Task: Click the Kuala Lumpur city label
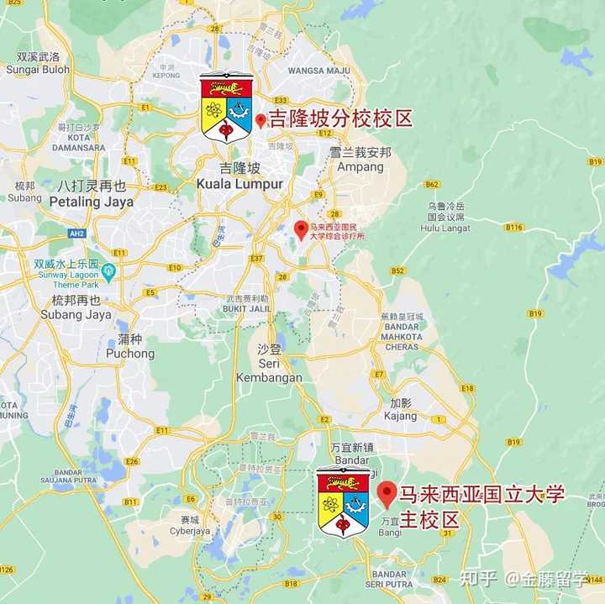(x=239, y=183)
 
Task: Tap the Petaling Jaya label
(x=92, y=202)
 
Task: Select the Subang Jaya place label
(x=76, y=314)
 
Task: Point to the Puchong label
(x=130, y=354)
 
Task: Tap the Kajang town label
(x=400, y=416)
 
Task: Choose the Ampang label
(x=360, y=166)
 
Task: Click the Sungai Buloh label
(x=38, y=70)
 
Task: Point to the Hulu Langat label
(x=445, y=228)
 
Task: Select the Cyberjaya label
(x=189, y=531)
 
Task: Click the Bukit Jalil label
(x=246, y=308)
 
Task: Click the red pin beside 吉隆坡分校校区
(x=260, y=121)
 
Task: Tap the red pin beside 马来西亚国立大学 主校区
(x=387, y=493)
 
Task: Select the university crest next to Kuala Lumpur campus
(x=226, y=107)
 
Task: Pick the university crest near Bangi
(x=343, y=502)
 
